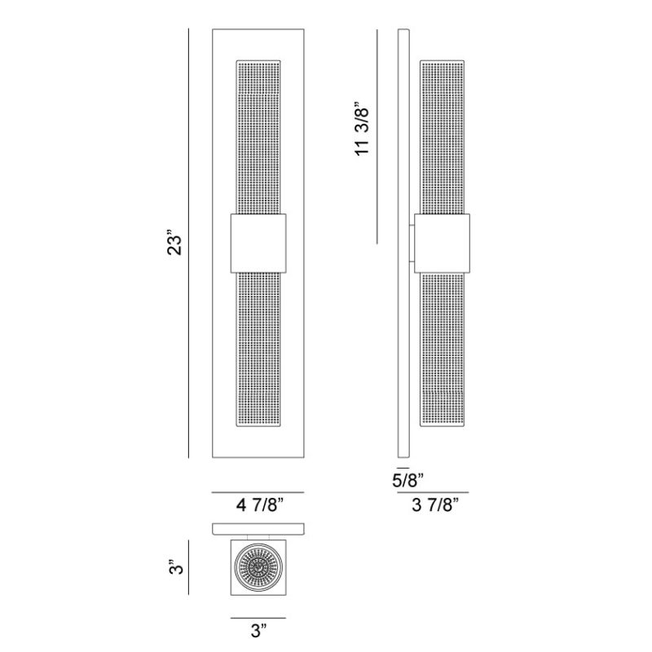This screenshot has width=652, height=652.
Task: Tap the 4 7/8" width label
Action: [x=258, y=505]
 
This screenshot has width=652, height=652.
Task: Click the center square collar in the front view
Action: [x=258, y=242]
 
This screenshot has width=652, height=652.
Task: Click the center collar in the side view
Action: [x=444, y=242]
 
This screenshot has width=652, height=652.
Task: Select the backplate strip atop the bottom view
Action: [x=258, y=528]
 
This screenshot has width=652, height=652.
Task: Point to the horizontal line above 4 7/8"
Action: [x=258, y=492]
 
